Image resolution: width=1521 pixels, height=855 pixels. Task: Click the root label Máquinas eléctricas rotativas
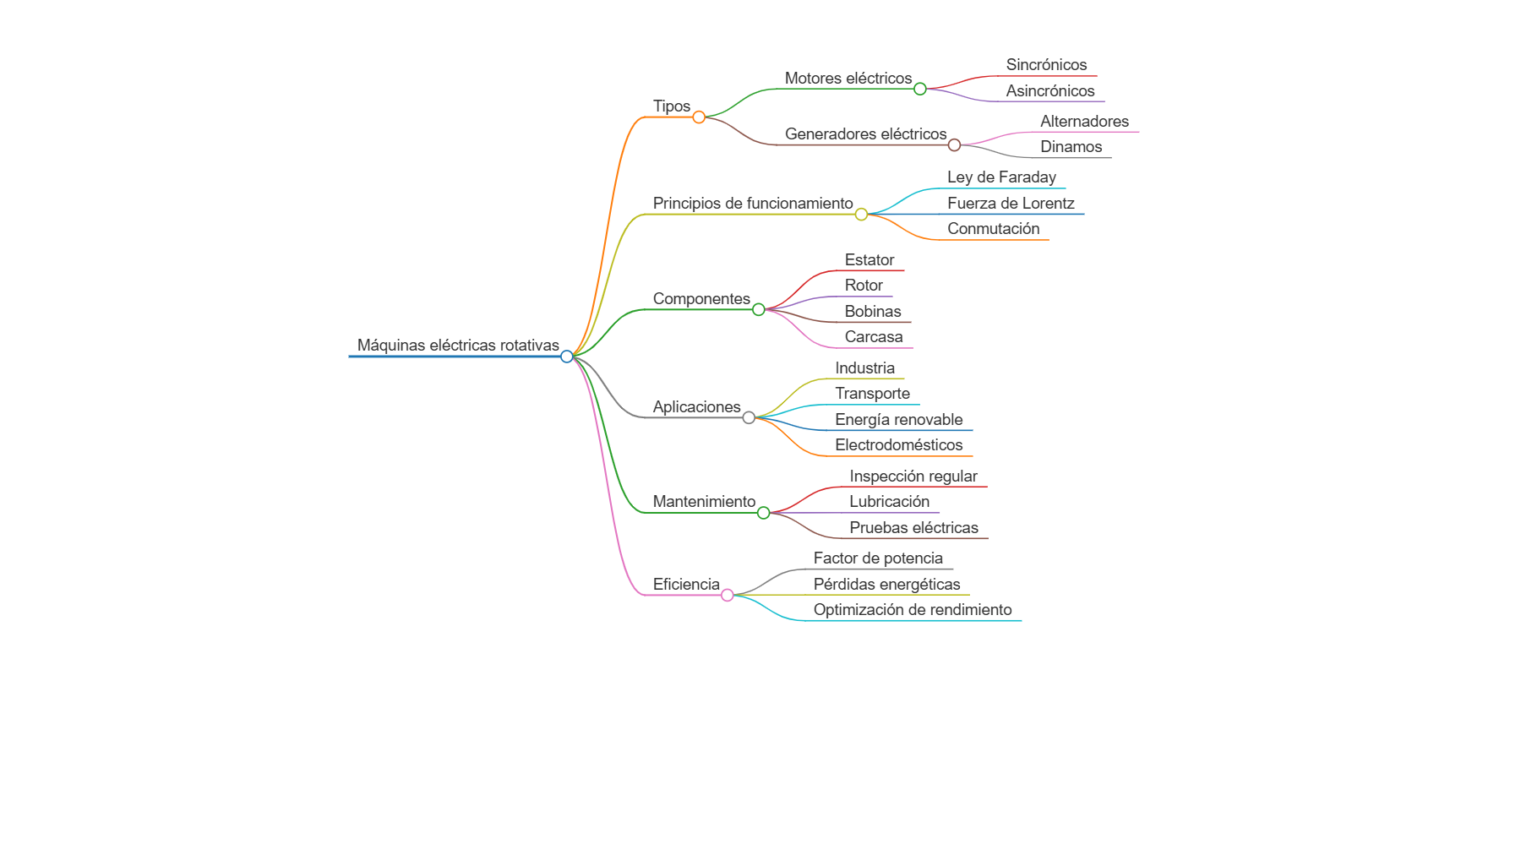coord(458,345)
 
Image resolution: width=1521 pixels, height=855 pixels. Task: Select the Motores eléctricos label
coord(848,79)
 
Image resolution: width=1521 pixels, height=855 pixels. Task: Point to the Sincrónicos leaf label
coord(1046,65)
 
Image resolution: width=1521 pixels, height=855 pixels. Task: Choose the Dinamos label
coord(1071,147)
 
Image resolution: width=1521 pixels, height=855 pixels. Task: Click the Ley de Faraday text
coord(1001,177)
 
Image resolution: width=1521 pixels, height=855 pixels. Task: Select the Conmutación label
coord(993,229)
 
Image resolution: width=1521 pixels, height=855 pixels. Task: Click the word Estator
coord(870,260)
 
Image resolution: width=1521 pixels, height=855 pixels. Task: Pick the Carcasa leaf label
coord(874,337)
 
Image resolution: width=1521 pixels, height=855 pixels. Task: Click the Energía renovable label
coord(898,420)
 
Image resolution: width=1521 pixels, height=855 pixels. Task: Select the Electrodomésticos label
coord(898,445)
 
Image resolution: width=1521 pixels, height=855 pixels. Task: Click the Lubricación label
coord(889,502)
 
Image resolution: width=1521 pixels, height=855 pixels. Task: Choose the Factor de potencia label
coord(878,558)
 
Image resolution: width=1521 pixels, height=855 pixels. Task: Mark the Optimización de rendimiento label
coord(913,610)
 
